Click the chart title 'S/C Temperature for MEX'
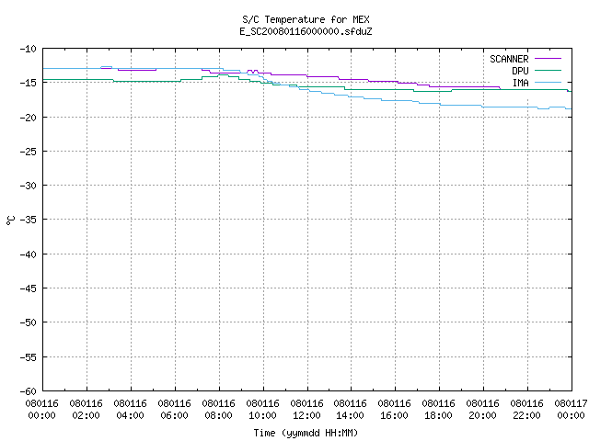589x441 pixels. [306, 19]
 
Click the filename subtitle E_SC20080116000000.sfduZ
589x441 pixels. [306, 31]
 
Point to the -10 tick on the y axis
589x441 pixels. [29, 49]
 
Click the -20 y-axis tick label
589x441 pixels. [29, 118]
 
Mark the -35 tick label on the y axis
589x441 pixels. [29, 220]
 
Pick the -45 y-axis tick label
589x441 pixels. [29, 288]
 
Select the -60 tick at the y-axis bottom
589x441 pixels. [29, 391]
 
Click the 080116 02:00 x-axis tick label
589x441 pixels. [86, 410]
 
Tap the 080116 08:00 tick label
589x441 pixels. [219, 410]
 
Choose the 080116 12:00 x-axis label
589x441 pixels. [306, 410]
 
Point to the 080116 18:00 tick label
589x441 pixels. [438, 410]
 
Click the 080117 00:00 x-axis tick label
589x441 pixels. [571, 410]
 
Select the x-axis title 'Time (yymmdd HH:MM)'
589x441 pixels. [306, 433]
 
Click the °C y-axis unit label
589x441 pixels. [10, 220]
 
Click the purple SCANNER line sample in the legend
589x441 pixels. [548, 59]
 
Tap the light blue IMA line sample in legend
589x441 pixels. [548, 83]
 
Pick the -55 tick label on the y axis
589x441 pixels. [29, 357]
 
